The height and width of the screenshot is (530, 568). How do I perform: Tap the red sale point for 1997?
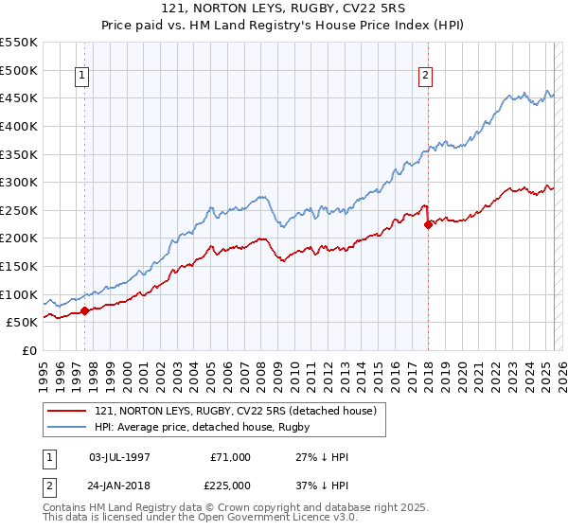click(85, 309)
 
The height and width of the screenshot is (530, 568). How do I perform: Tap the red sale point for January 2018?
click(428, 224)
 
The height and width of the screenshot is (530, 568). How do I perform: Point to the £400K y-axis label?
click(19, 126)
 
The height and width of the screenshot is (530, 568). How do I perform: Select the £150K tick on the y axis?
click(19, 266)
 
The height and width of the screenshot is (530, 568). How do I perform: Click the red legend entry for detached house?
click(236, 411)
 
